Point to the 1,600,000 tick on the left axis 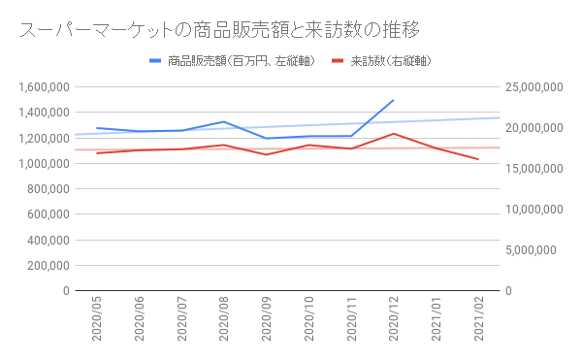43,87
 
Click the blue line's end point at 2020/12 393,100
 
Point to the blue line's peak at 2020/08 224,122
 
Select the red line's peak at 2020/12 393,134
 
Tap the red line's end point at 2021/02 477,159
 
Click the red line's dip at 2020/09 266,154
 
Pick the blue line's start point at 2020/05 97,128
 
